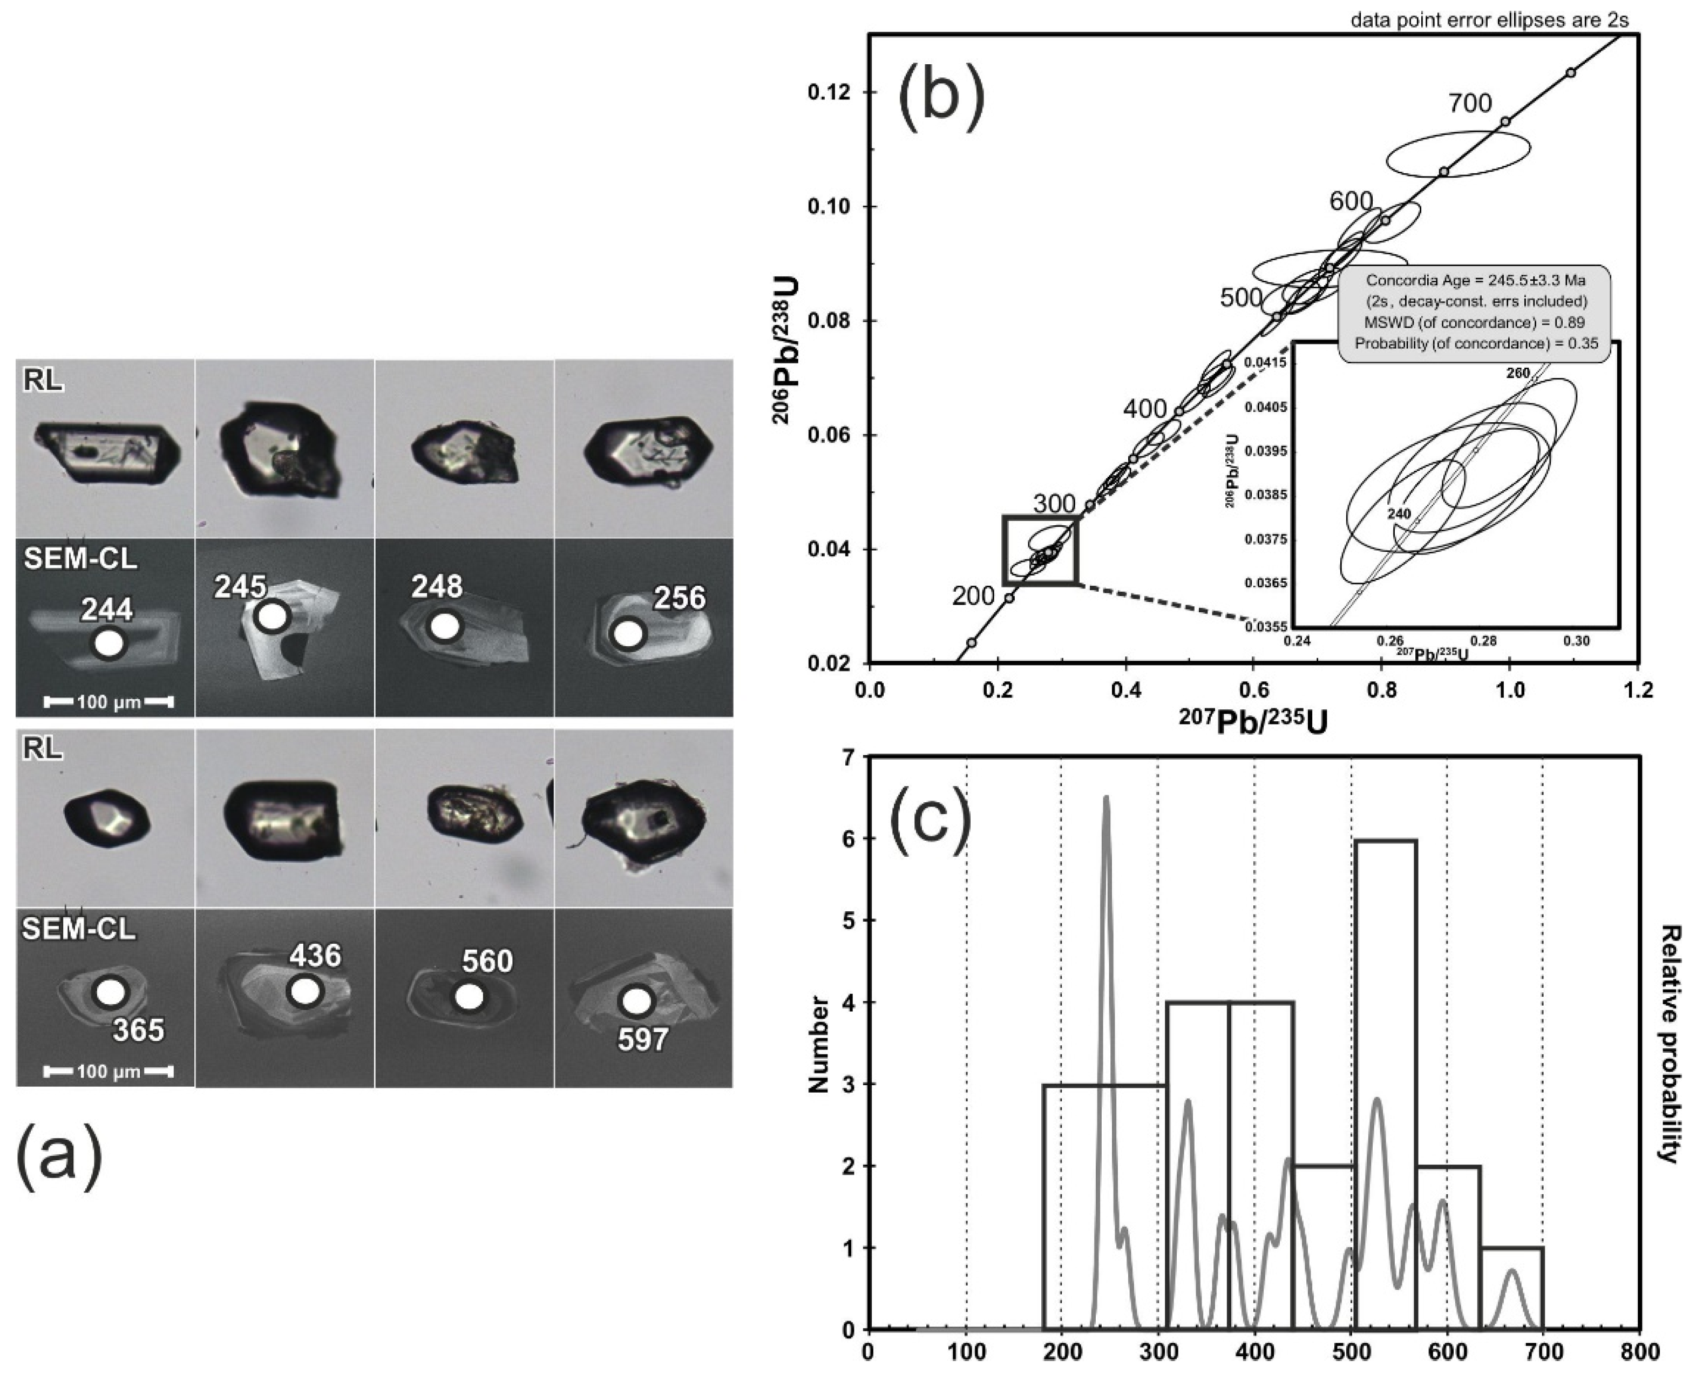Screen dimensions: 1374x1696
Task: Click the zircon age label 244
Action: tap(107, 610)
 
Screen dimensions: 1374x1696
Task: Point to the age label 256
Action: tap(680, 598)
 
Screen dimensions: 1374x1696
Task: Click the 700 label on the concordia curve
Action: tap(1470, 103)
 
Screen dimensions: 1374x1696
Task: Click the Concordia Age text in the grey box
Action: tap(1474, 280)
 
